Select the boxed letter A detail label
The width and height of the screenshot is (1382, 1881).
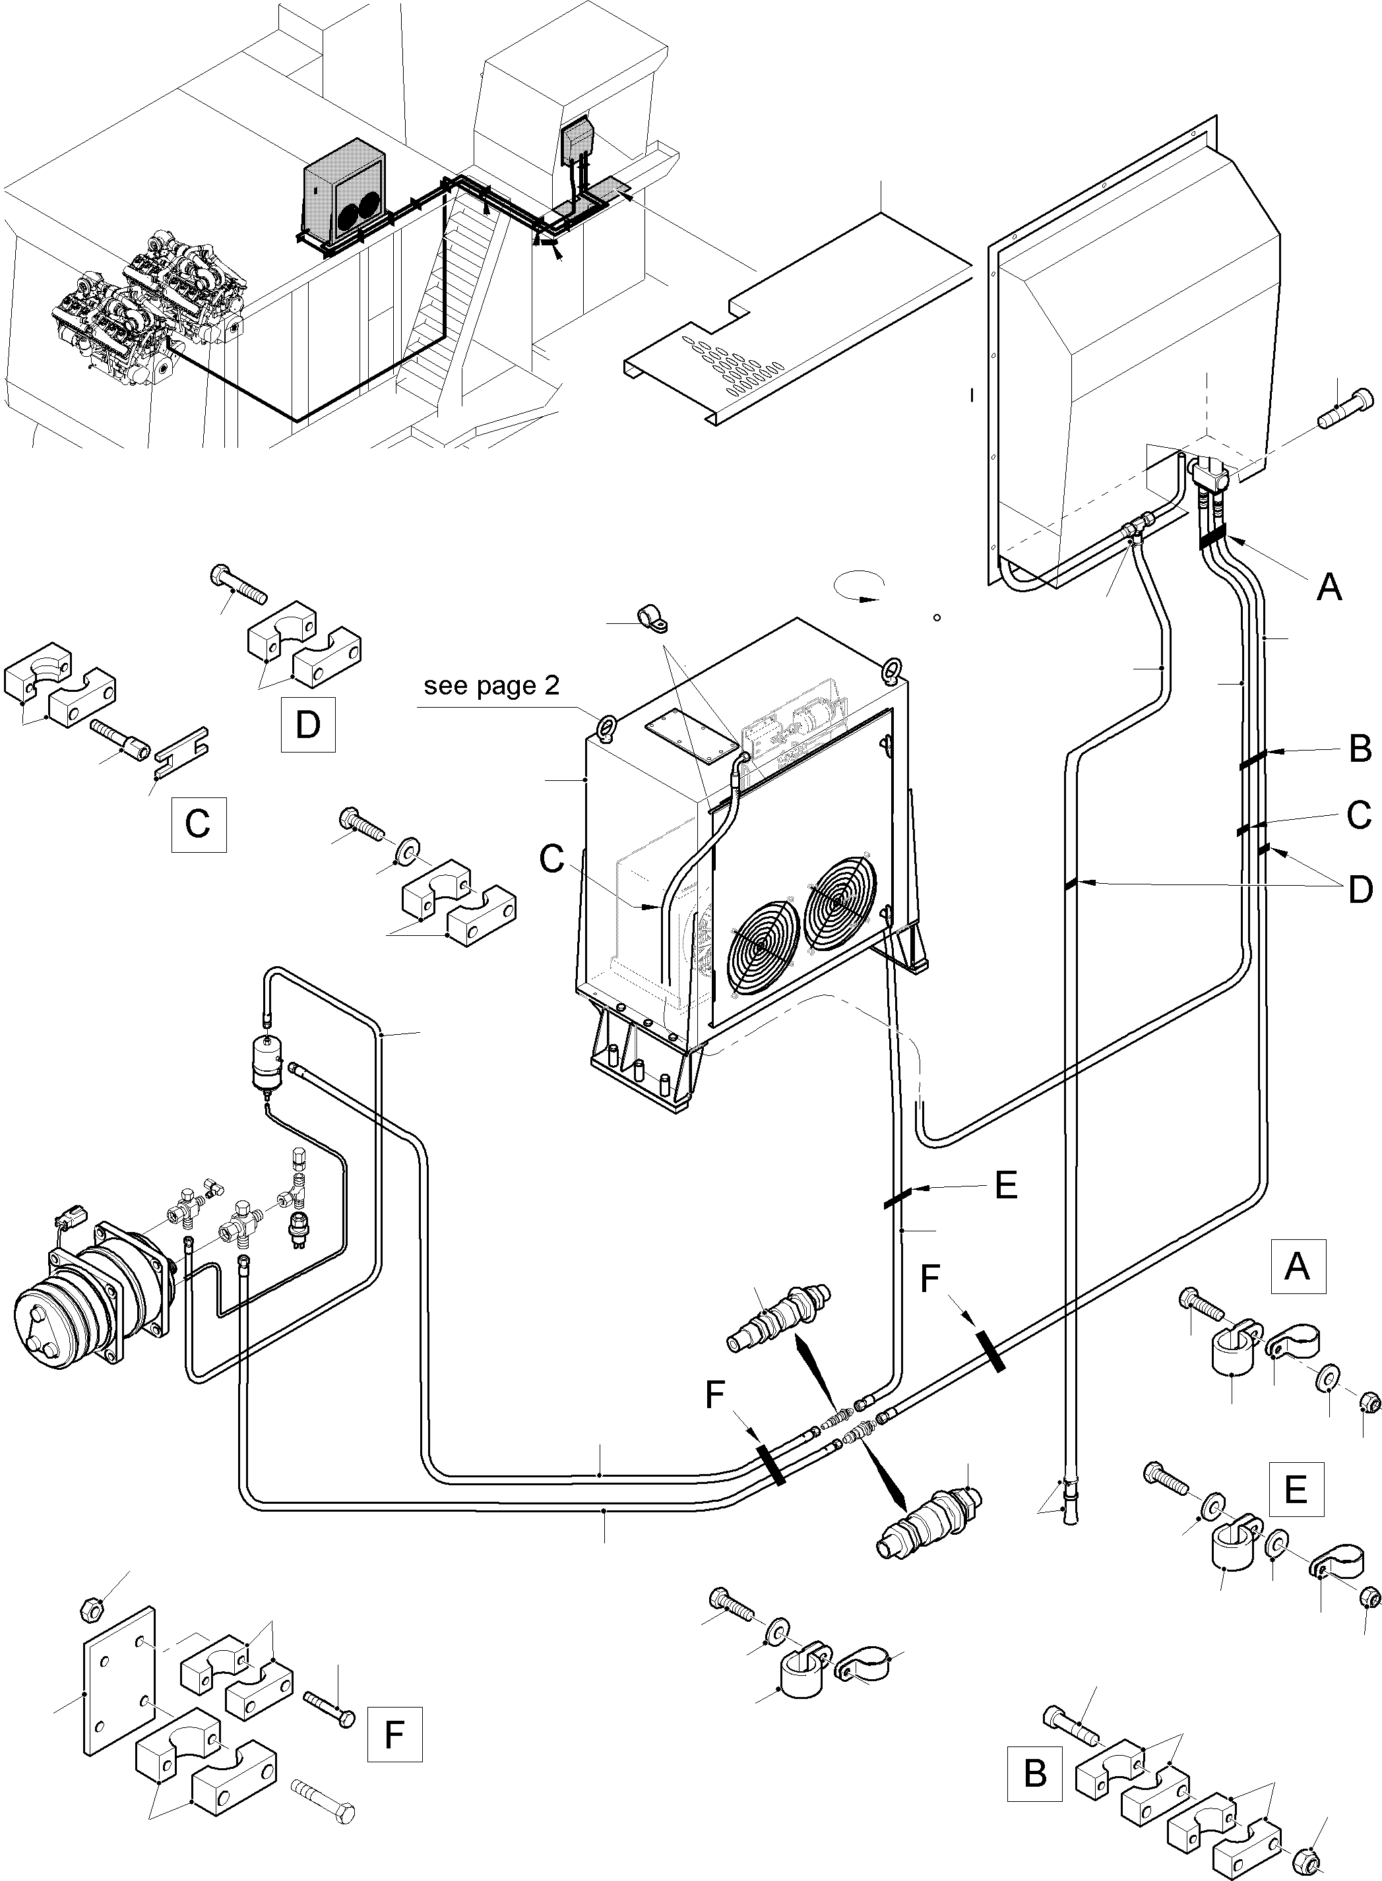click(1297, 1266)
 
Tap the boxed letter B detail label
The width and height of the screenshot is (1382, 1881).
click(1035, 1772)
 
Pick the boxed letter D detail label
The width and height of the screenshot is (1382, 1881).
click(308, 724)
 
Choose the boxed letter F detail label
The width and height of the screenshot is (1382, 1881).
click(394, 1735)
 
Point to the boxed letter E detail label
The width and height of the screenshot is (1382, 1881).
click(1296, 1489)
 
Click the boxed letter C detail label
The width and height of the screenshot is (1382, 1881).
click(199, 824)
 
